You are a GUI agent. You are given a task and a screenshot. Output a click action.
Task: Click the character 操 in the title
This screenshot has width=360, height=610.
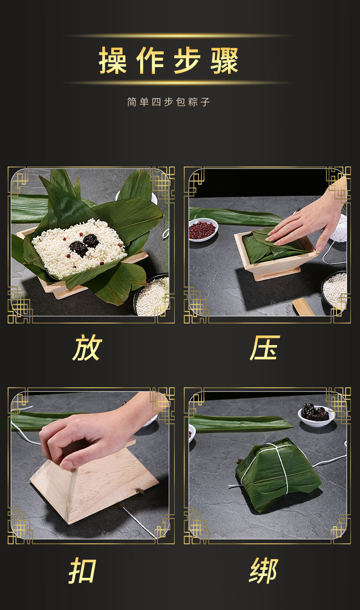pos(112,60)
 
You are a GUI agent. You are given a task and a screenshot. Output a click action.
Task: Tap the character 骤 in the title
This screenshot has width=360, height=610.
pos(225,60)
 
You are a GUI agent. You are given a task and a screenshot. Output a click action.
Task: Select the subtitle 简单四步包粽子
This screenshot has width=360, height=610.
pos(169,102)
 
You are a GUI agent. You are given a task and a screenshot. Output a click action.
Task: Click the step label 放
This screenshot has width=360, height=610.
pos(87,348)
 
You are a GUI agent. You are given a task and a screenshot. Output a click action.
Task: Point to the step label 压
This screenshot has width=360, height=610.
pos(265,348)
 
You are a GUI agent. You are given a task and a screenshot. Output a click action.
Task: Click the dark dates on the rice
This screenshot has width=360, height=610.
pos(84,244)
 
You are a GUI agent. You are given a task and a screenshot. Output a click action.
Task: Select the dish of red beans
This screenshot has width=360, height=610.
pos(203,229)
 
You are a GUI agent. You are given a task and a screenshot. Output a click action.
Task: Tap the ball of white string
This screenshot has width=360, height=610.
pos(339,228)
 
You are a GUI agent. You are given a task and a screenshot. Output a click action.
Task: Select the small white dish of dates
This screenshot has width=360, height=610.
pos(316,415)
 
